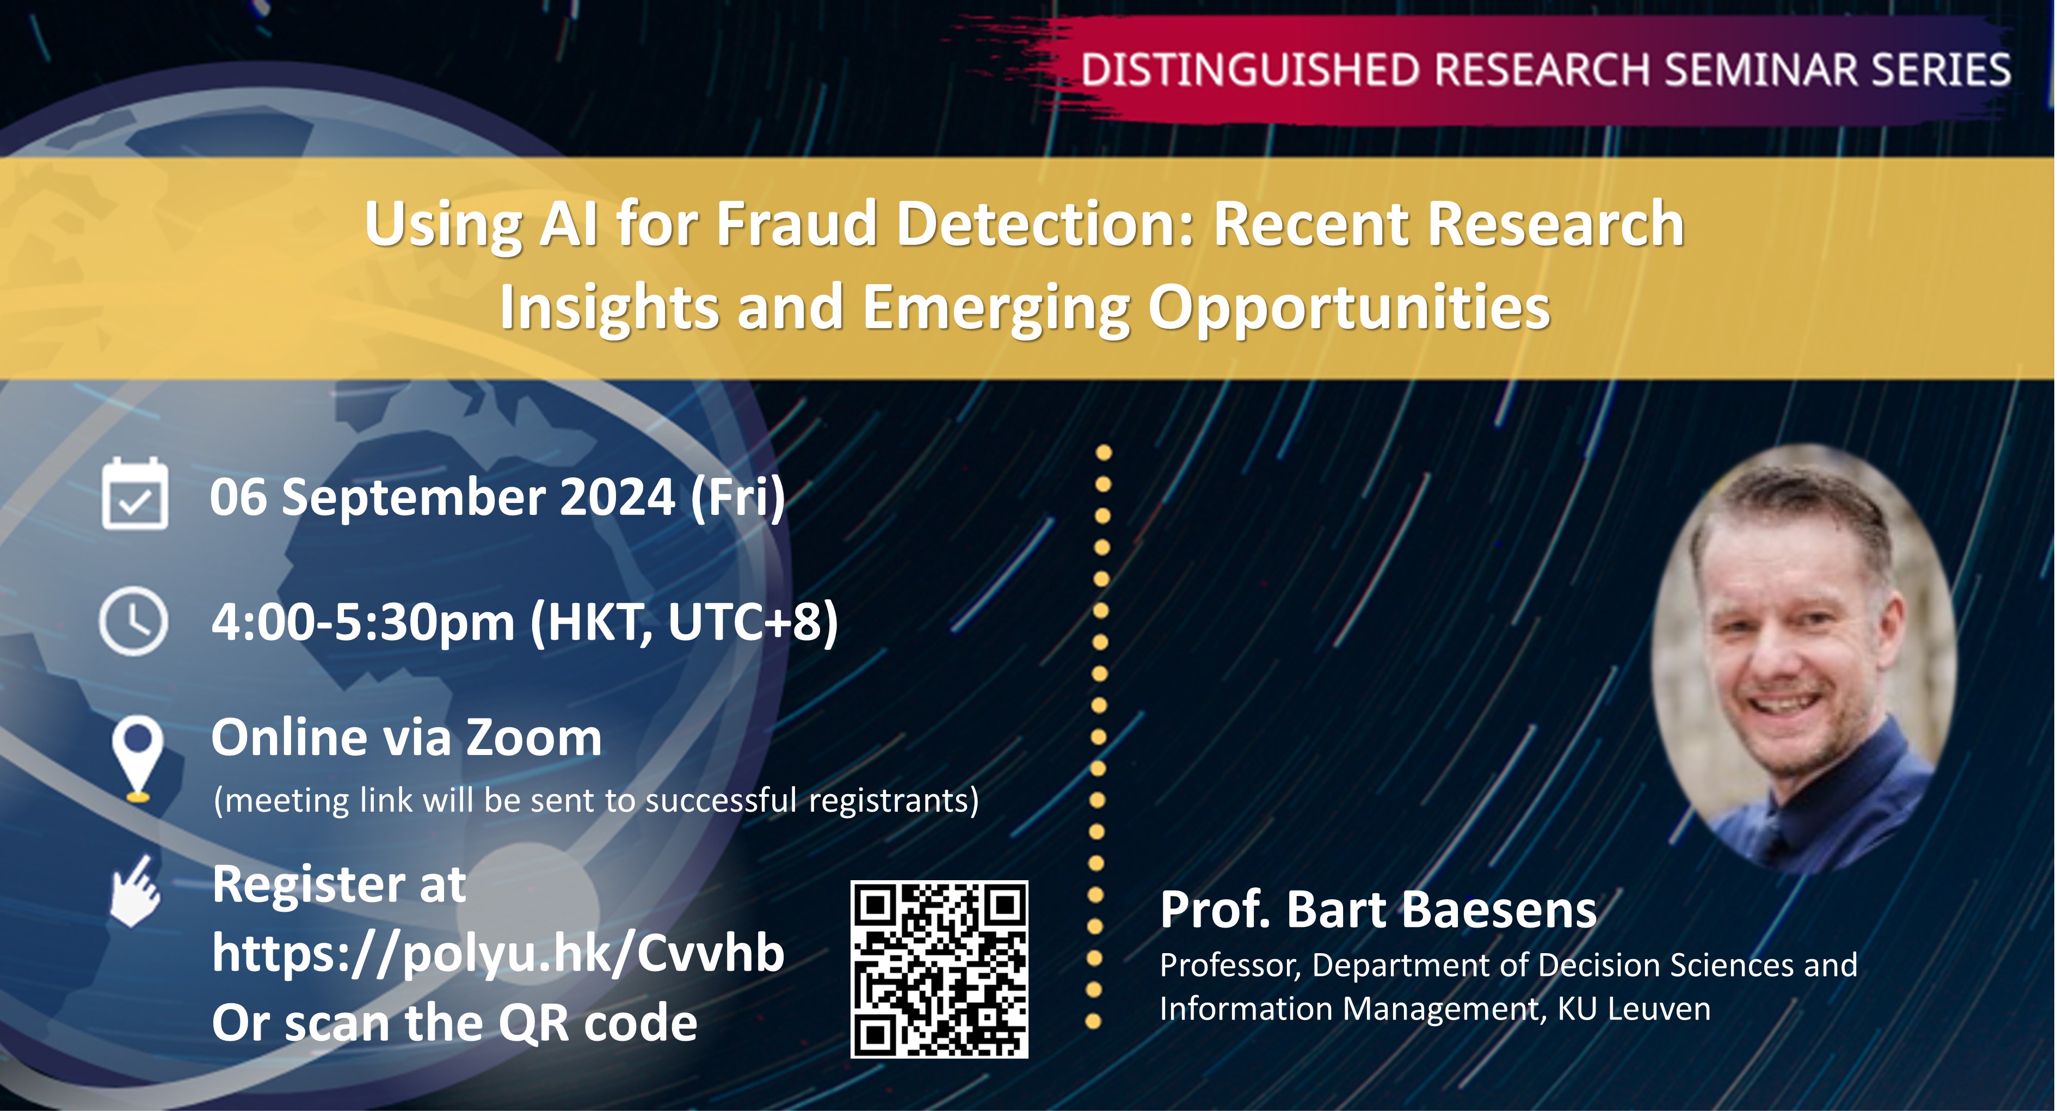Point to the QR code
pyautogui.click(x=939, y=969)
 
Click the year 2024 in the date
pyautogui.click(x=618, y=498)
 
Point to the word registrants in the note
pyautogui.click(x=894, y=800)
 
